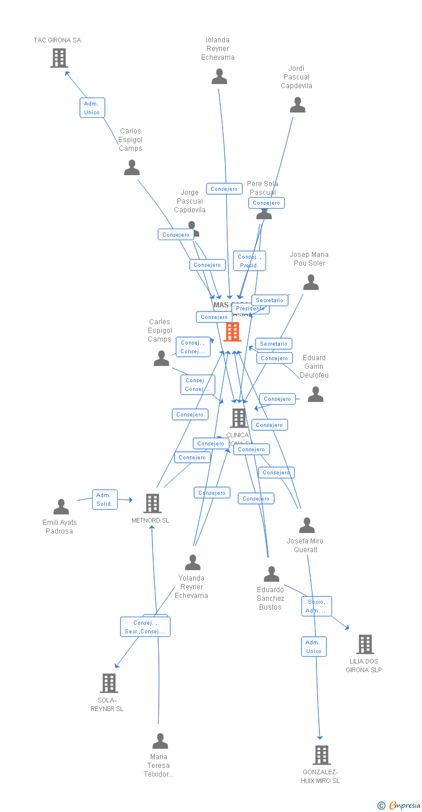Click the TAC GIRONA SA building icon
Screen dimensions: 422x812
(x=59, y=58)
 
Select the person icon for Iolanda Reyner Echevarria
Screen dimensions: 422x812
(x=219, y=77)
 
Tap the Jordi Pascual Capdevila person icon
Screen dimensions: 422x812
(x=297, y=105)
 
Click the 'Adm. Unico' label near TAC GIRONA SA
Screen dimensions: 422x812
(x=92, y=108)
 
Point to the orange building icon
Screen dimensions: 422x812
(x=232, y=332)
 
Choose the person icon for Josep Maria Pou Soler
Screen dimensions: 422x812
(x=311, y=282)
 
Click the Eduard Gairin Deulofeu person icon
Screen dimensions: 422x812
(x=315, y=394)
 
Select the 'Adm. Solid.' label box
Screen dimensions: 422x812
(x=105, y=499)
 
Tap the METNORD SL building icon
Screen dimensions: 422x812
(x=152, y=503)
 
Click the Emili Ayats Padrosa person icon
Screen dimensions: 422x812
(x=61, y=507)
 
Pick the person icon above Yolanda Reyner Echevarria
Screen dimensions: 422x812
(x=192, y=562)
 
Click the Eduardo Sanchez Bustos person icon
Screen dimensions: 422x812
(x=271, y=574)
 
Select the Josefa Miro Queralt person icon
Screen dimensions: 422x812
(x=307, y=525)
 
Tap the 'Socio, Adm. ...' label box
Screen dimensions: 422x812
(x=316, y=606)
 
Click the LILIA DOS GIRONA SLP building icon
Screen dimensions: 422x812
(x=365, y=644)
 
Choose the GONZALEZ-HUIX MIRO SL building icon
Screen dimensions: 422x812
(x=322, y=755)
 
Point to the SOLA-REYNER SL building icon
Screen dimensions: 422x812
(x=109, y=683)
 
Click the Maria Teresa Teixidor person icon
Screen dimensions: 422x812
(x=160, y=741)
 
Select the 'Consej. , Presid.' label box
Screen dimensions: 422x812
(x=250, y=261)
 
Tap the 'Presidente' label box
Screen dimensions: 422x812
(x=250, y=309)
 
